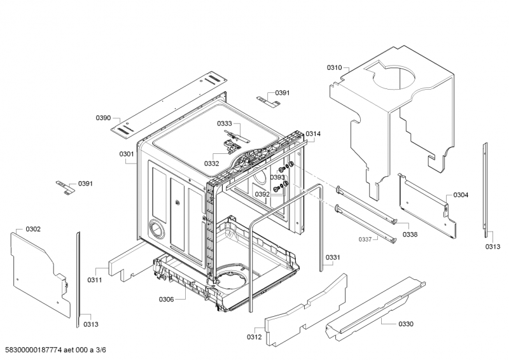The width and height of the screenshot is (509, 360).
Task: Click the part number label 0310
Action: point(334,67)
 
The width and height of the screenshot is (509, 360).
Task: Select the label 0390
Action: point(103,118)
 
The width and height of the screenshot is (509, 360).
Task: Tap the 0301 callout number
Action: point(127,154)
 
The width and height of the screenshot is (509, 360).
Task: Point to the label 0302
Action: point(33,229)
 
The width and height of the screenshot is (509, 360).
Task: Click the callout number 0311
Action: point(94,280)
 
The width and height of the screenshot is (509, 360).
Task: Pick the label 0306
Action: point(166,300)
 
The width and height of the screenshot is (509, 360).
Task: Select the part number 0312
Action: point(254,337)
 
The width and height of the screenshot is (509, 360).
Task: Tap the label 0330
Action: point(406,324)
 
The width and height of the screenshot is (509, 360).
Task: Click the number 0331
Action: point(333,258)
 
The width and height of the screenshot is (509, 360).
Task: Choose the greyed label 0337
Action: point(365,240)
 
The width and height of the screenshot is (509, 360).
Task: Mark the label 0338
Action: point(410,234)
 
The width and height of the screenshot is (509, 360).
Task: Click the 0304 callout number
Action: point(461,195)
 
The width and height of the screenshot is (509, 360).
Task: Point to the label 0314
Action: point(313,134)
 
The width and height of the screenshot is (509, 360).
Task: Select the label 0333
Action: point(225,123)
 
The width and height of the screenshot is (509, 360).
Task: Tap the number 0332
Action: point(212,163)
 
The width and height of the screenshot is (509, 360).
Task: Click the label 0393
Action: point(277,177)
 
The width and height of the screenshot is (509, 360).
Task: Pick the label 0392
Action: point(262,194)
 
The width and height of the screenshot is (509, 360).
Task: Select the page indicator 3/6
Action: point(101,350)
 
